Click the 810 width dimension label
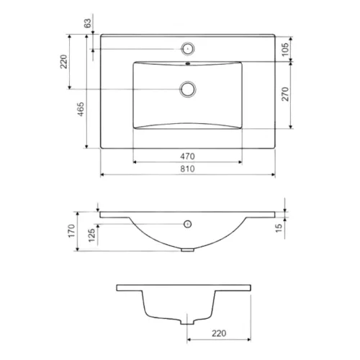[187, 168]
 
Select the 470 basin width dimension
[187, 156]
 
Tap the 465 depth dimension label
[81, 109]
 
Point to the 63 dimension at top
[88, 23]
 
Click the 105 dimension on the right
[285, 50]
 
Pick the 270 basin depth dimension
[285, 94]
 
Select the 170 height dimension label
[72, 231]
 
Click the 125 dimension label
[91, 235]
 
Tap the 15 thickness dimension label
[279, 228]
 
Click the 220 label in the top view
[64, 62]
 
